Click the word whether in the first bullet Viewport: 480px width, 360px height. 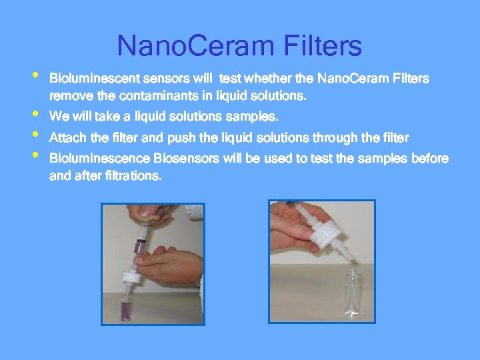263,79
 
